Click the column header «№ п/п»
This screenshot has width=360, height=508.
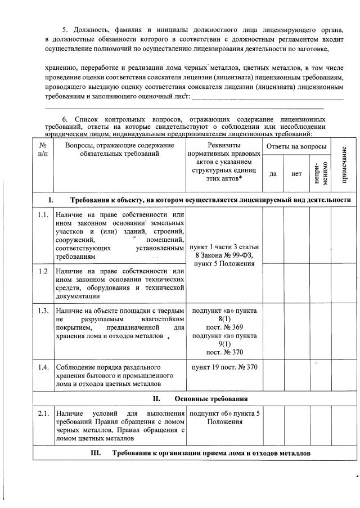click(x=42, y=149)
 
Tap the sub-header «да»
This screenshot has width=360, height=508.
click(x=273, y=174)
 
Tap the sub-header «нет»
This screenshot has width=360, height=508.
click(x=296, y=174)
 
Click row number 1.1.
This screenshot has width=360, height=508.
click(x=42, y=215)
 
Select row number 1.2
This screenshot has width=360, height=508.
click(x=42, y=271)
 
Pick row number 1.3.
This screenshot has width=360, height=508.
click(x=42, y=311)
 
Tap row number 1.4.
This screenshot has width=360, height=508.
click(x=42, y=367)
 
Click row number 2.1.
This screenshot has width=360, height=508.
click(x=42, y=414)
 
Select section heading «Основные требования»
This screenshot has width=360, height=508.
click(x=211, y=399)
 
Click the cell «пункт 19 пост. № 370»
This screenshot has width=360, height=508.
click(x=224, y=367)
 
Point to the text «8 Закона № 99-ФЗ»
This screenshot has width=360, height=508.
click(x=224, y=255)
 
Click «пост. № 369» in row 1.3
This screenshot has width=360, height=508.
click(x=224, y=327)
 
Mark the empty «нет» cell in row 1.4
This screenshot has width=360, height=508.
click(x=296, y=375)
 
